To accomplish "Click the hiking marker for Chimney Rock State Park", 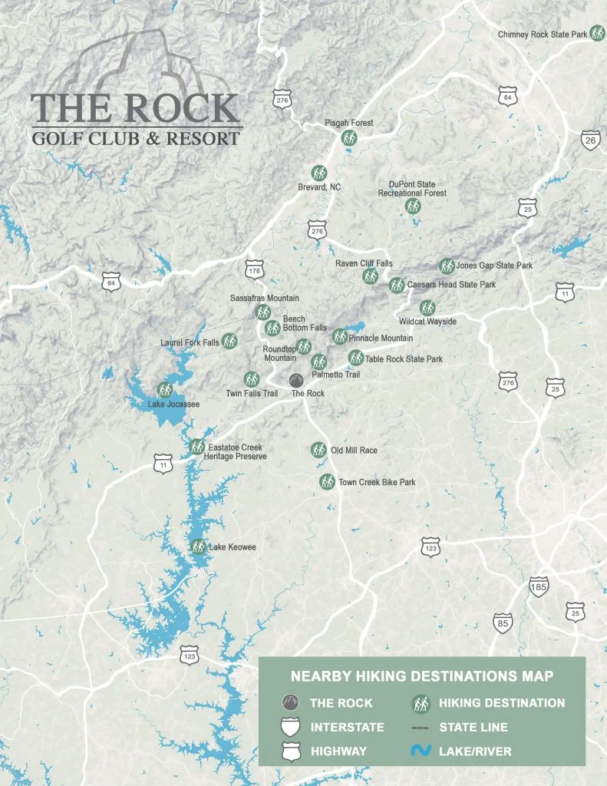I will [x=597, y=35].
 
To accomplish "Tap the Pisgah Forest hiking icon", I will [x=349, y=138].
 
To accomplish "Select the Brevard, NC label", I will [x=319, y=187].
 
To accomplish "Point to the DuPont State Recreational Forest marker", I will [x=413, y=206].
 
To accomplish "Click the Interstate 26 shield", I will [x=589, y=140].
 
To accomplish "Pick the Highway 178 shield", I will [x=255, y=270].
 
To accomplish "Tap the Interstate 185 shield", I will [x=539, y=587].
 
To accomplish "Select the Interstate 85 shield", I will [x=503, y=623].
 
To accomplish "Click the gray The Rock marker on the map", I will [x=295, y=380].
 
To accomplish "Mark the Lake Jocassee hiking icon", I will [x=163, y=389].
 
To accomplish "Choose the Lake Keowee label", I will [x=233, y=547].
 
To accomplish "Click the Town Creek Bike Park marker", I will [x=327, y=482].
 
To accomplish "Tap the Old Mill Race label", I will [x=354, y=451].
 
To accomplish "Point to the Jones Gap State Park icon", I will [x=447, y=266].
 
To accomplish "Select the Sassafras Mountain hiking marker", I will [x=262, y=312].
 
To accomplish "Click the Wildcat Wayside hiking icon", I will [x=427, y=308].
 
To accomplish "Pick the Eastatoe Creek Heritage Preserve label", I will [x=235, y=452].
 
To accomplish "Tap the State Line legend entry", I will [x=460, y=727].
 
